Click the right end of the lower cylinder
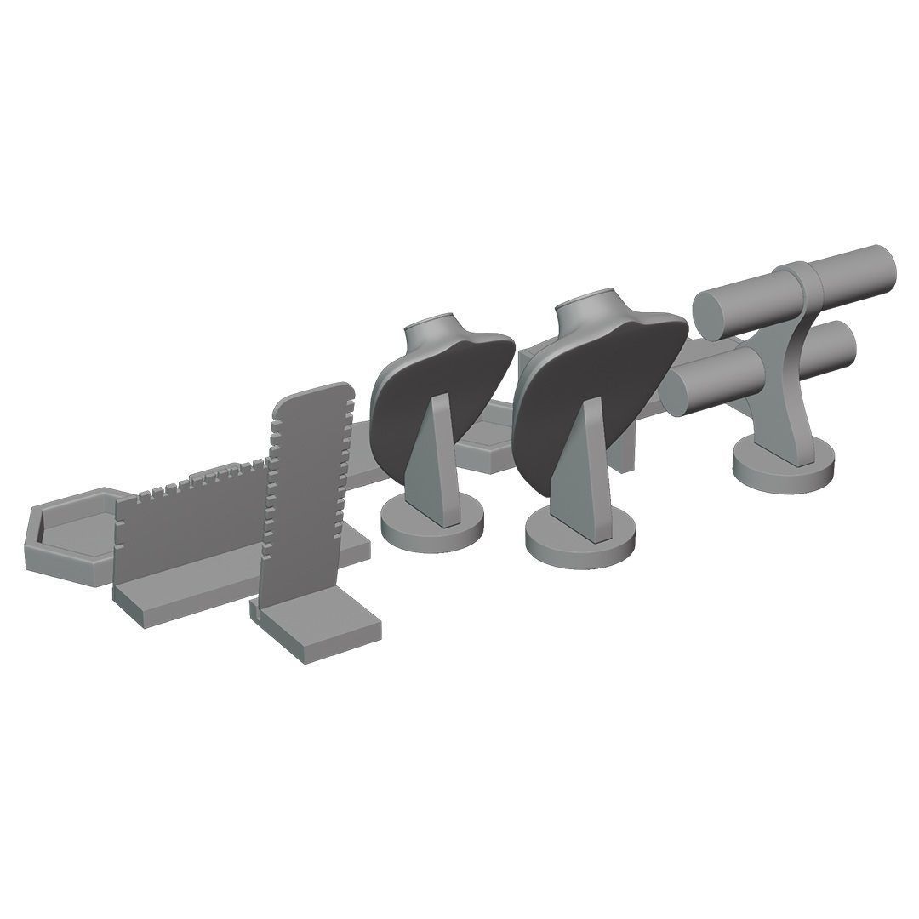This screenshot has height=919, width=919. pos(838,345)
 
